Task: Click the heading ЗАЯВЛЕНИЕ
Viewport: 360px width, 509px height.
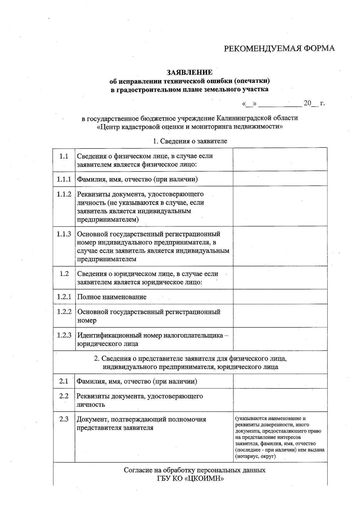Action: (x=190, y=72)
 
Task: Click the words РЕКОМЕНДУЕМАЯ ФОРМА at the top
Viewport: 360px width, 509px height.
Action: (x=279, y=49)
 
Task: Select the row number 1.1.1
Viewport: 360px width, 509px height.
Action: (x=64, y=179)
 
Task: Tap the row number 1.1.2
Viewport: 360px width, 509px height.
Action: (x=64, y=194)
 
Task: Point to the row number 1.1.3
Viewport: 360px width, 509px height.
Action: (x=64, y=234)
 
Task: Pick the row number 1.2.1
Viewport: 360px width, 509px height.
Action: (x=64, y=297)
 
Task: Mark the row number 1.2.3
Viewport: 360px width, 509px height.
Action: (x=64, y=335)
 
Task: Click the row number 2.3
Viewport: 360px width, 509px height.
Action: (x=64, y=419)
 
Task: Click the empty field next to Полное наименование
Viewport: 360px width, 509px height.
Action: (x=280, y=297)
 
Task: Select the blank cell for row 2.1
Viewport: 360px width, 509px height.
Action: (x=280, y=382)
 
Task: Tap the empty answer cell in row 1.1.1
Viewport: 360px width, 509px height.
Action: (x=280, y=179)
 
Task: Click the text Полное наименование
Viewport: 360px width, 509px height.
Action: (x=112, y=297)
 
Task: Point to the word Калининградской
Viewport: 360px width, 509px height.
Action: (x=243, y=118)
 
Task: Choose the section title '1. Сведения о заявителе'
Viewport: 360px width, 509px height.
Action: (x=190, y=141)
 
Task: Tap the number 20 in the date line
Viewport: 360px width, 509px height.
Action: (x=307, y=103)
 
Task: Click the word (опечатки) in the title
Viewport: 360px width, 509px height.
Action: (x=252, y=81)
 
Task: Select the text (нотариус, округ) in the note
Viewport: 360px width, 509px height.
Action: (x=256, y=457)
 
